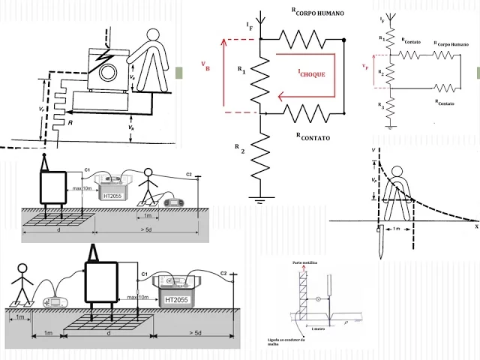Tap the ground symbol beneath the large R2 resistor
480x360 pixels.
pos(259,199)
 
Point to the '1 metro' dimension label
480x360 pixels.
pos(318,328)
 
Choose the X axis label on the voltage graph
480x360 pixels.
pos(475,233)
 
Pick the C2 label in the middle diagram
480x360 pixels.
pos(189,175)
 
